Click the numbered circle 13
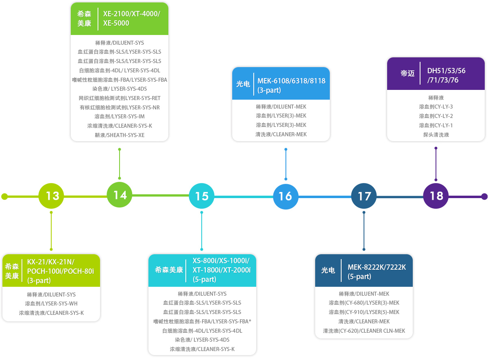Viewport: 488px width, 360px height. coord(51,196)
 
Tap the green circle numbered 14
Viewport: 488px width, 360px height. coord(120,194)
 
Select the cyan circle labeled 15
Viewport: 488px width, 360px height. coord(202,196)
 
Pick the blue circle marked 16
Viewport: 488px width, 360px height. coord(285,196)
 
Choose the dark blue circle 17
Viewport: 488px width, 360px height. coord(364,196)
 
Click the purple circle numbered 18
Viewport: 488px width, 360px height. coord(436,196)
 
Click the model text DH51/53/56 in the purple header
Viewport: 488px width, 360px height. coord(446,71)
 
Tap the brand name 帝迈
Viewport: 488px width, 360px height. coord(407,74)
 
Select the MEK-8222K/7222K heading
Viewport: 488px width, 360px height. coord(377,267)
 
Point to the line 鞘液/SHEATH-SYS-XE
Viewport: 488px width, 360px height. coord(120,135)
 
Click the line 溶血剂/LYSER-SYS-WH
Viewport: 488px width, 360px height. coord(51,303)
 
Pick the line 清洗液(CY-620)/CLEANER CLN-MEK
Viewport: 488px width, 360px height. coord(364,331)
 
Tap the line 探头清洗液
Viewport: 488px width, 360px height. coord(436,135)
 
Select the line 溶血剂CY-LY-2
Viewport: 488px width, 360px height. coord(436,116)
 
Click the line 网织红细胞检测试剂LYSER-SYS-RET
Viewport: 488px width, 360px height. coord(120,98)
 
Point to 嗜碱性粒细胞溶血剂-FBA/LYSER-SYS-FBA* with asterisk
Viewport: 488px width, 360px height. coord(202,321)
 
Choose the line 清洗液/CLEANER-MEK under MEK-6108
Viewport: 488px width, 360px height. coord(281,134)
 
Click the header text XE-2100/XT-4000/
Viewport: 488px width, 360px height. coord(132,14)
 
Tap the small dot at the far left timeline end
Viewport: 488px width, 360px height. coord(4,196)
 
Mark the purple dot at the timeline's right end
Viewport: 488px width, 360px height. coord(484,196)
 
